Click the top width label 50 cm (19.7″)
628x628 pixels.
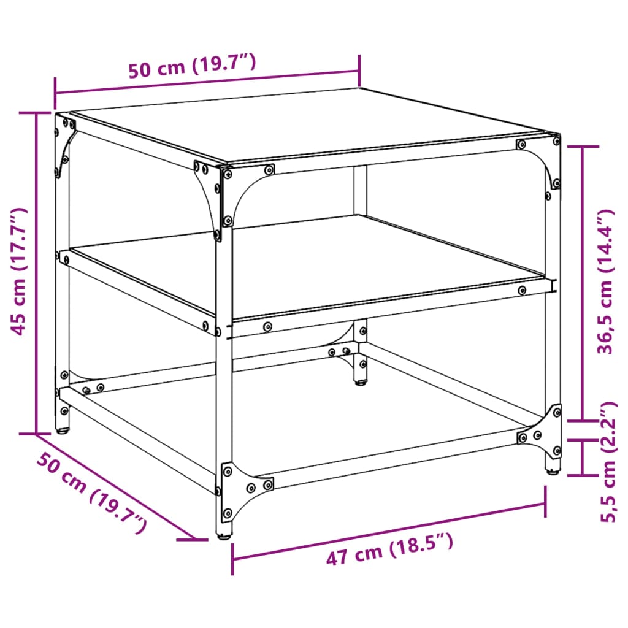[191, 67]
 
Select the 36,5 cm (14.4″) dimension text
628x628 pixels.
[605, 281]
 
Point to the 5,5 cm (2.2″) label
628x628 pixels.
[607, 462]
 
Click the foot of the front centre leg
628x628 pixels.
[225, 535]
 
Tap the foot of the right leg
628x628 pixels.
[553, 471]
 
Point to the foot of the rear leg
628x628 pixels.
[361, 383]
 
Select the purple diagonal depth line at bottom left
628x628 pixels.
[117, 488]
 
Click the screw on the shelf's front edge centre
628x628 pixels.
[267, 327]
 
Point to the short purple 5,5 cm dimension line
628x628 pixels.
[581, 457]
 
